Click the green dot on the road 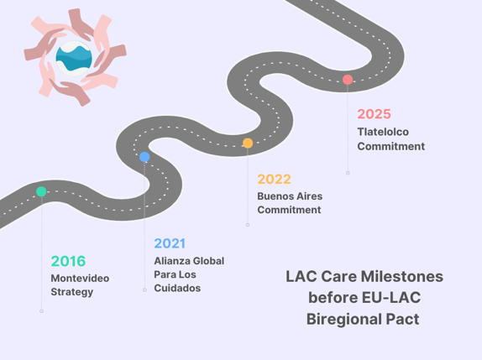[x=41, y=191]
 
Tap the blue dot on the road [x=144, y=157]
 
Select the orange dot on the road [x=248, y=143]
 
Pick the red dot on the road [x=348, y=80]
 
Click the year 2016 [x=68, y=261]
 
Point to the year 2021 [x=170, y=243]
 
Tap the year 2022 [x=275, y=179]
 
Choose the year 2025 [x=375, y=114]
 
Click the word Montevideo [x=80, y=279]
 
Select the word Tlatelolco [x=383, y=132]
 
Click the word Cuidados [x=177, y=288]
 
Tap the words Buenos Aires [x=290, y=196]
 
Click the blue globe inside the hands [x=74, y=58]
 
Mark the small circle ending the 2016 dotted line [x=41, y=311]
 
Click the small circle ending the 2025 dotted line [x=348, y=173]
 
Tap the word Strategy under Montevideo [x=72, y=292]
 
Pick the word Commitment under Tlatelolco [x=391, y=146]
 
